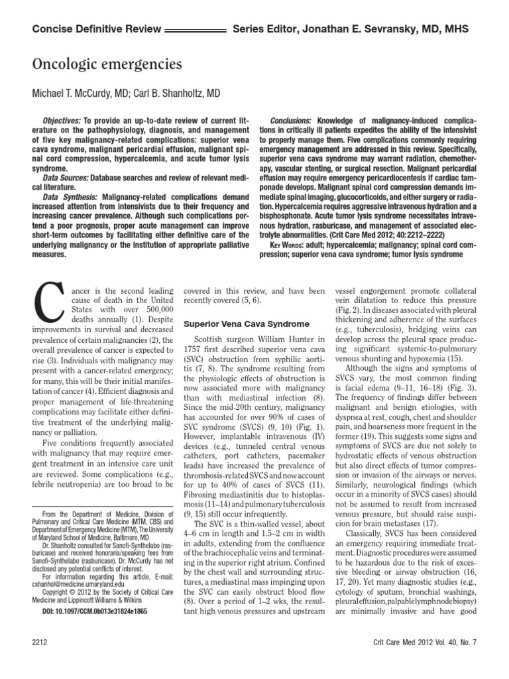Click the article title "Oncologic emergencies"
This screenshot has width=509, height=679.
pyautogui.click(x=107, y=64)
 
